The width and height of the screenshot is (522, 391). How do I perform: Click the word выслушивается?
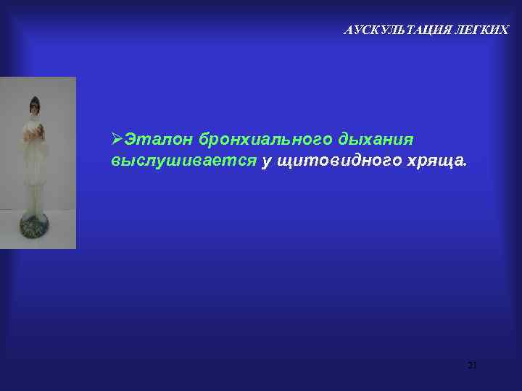click(x=183, y=161)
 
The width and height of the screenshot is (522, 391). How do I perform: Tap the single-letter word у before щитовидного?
click(x=266, y=162)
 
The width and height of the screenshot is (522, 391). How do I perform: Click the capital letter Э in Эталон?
click(x=130, y=138)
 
